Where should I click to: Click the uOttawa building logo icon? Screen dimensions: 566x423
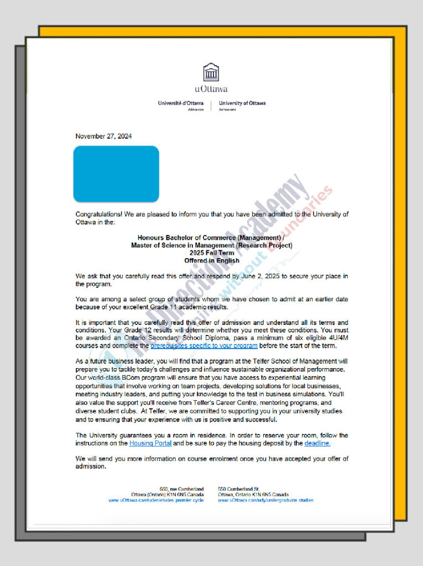coord(211,72)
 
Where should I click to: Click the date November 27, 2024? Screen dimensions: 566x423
coord(103,137)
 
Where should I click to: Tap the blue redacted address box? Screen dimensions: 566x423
coord(116,174)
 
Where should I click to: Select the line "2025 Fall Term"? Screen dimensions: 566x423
coord(211,253)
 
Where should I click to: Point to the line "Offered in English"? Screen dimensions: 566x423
coord(211,260)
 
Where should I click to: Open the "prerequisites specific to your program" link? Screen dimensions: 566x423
coord(203,346)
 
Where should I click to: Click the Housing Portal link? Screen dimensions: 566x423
coord(150,443)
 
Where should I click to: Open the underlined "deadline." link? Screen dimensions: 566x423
coord(317,443)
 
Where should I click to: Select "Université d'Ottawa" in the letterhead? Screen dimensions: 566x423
coord(180,103)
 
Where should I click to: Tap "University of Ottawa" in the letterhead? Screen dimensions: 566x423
coord(242,103)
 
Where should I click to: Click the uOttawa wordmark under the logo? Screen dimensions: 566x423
coord(211,88)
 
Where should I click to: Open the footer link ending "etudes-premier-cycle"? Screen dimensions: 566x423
coord(156,500)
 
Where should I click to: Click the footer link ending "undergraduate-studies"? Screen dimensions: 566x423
coord(265,500)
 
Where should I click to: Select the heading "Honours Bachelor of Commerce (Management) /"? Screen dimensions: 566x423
coord(211,237)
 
